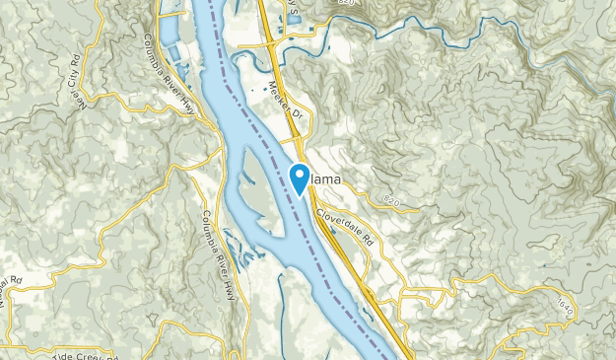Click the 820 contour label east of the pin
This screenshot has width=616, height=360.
click(393, 200)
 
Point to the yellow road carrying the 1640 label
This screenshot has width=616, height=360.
click(577, 296)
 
